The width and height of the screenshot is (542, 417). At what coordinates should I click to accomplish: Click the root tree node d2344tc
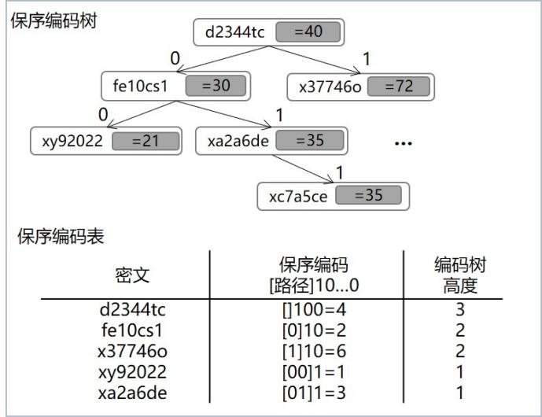(268, 32)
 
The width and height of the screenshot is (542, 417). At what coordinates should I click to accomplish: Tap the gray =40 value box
(314, 32)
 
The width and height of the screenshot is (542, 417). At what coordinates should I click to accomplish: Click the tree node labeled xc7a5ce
(334, 196)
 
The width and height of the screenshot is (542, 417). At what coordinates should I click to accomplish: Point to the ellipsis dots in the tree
(403, 145)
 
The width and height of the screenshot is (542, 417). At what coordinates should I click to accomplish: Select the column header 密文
(131, 275)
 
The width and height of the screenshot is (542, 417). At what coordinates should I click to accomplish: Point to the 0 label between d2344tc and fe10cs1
(175, 57)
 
